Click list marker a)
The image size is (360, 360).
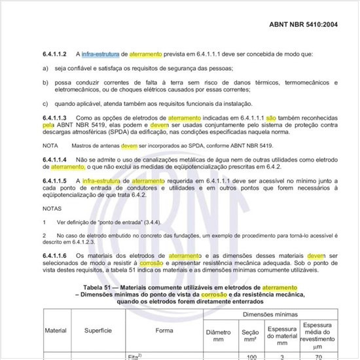click(x=45, y=67)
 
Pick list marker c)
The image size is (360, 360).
click(x=45, y=103)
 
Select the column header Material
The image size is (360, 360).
click(x=55, y=331)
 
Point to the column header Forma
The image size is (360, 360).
click(x=164, y=331)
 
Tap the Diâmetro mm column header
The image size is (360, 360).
click(x=218, y=336)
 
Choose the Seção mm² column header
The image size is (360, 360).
click(x=249, y=336)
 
